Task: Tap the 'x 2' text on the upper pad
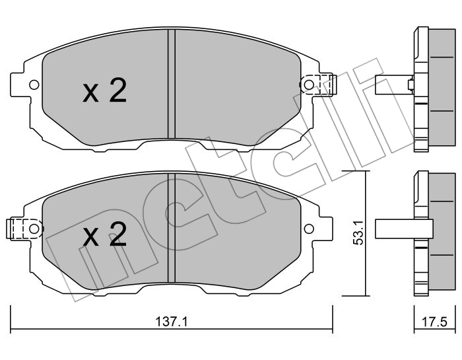[104, 92]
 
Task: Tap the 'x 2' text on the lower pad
[104, 235]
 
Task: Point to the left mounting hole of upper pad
[32, 85]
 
